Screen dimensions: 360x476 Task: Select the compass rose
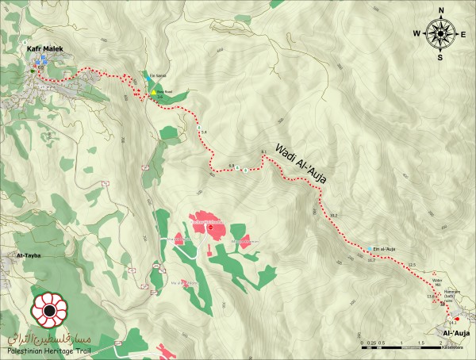coord(439,33)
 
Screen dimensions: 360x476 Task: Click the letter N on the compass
coord(439,11)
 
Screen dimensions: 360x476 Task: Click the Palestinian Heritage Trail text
coord(47,350)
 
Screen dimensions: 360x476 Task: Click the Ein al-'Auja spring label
coord(384,248)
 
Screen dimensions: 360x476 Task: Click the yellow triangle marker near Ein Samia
coord(154,92)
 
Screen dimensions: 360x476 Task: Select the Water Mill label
coord(437,282)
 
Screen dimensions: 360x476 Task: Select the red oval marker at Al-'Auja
coord(456,319)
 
